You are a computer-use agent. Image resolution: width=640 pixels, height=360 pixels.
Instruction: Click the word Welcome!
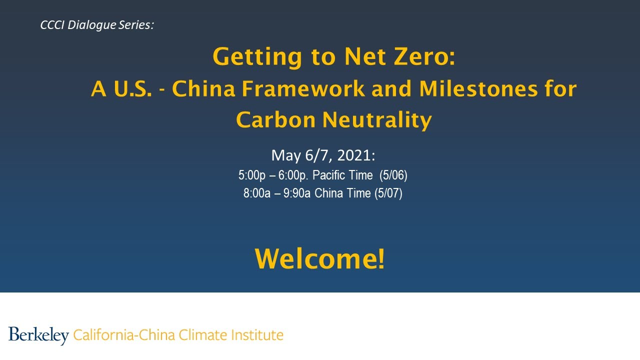tap(320, 259)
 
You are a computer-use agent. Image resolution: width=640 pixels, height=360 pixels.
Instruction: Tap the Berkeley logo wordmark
tap(38, 334)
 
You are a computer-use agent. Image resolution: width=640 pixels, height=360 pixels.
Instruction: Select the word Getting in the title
tap(257, 57)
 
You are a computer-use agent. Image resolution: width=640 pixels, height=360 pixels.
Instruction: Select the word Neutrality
tap(377, 120)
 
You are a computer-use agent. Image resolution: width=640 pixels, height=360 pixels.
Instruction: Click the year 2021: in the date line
tap(355, 155)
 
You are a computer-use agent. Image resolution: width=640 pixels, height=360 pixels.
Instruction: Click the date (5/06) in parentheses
tap(393, 175)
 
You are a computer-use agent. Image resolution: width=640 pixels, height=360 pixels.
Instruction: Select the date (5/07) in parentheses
tap(388, 193)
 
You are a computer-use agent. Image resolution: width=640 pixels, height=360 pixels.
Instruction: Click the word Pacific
tap(329, 175)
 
